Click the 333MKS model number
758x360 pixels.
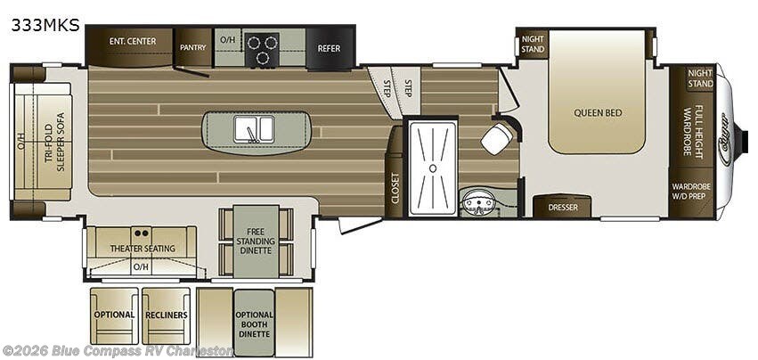coord(45,25)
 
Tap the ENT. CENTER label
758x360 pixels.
coord(133,41)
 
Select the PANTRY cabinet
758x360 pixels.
coord(193,47)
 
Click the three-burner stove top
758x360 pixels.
coord(262,50)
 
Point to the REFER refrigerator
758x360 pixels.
coord(329,47)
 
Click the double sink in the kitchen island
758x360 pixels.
coord(254,129)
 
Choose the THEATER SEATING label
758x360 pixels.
coord(143,249)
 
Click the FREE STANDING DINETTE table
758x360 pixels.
coord(256,241)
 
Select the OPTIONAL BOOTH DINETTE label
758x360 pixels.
coord(254,324)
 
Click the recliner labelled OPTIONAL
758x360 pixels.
coord(114,315)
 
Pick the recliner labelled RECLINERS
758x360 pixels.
coord(167,315)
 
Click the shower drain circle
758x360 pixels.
coord(433,168)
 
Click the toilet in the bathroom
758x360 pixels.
coord(496,137)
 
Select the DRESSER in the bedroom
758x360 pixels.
coord(563,206)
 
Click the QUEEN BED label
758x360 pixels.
coord(598,113)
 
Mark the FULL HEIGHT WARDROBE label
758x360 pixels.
coord(692,130)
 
